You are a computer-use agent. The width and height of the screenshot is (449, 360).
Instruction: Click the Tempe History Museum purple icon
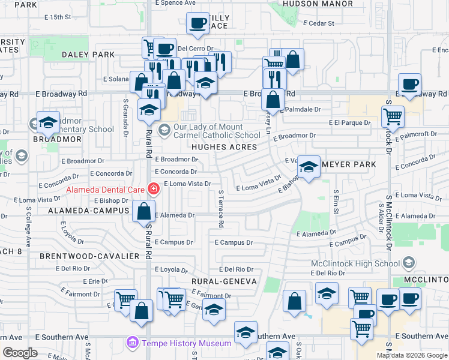pyautogui.click(x=131, y=343)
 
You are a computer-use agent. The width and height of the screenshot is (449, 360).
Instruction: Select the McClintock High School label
pyautogui.click(x=355, y=263)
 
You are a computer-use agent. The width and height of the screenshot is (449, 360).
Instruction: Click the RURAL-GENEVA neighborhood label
pyautogui.click(x=224, y=281)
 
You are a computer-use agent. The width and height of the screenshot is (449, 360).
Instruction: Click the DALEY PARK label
pyautogui.click(x=88, y=55)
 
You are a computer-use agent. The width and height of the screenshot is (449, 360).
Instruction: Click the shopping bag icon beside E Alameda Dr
pyautogui.click(x=144, y=211)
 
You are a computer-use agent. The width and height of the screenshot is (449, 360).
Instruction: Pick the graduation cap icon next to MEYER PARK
pyautogui.click(x=309, y=167)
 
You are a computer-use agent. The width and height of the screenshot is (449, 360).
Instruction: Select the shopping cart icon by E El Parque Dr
pyautogui.click(x=393, y=115)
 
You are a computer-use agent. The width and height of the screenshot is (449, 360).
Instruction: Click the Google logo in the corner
pyautogui.click(x=20, y=353)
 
